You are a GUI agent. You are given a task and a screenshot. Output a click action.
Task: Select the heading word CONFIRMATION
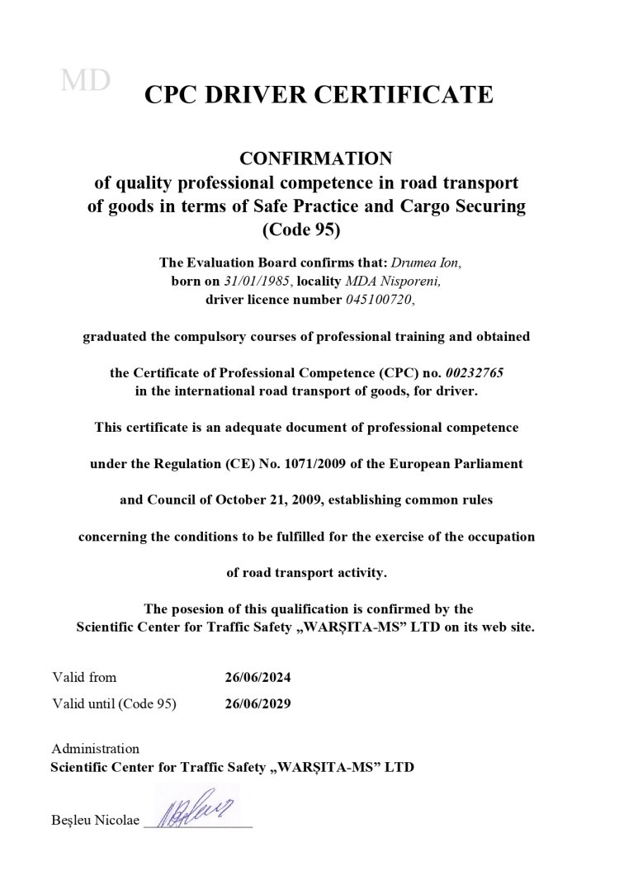click(x=307, y=158)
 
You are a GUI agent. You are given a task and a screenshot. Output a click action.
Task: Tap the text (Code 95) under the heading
click(x=307, y=230)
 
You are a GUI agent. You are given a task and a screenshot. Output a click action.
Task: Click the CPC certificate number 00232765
click(x=467, y=373)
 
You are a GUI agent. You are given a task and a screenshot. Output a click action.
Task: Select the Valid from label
click(x=84, y=678)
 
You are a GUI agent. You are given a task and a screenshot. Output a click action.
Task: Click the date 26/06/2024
click(x=258, y=678)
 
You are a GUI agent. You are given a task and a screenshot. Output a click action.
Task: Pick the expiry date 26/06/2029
click(x=258, y=704)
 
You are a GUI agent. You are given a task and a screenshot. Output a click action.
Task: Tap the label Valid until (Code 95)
click(x=114, y=704)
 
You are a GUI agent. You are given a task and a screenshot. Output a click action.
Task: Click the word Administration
click(x=96, y=749)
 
